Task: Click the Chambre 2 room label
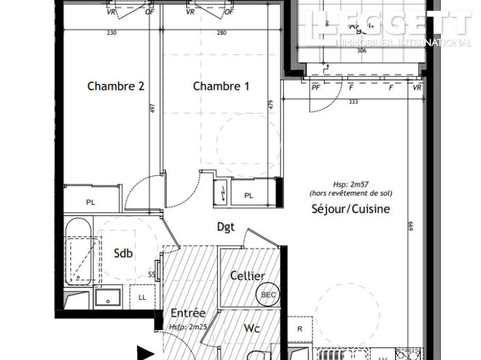pyautogui.click(x=115, y=87)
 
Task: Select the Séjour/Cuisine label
pyautogui.click(x=350, y=209)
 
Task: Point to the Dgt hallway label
pyautogui.click(x=226, y=227)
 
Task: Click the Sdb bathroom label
pyautogui.click(x=123, y=254)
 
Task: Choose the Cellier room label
pyautogui.click(x=248, y=275)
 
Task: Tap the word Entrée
pyautogui.click(x=188, y=313)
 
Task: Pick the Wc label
pyautogui.click(x=252, y=327)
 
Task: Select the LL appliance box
pyautogui.click(x=142, y=298)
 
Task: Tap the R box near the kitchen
pyautogui.click(x=300, y=328)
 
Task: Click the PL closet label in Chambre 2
pyautogui.click(x=90, y=202)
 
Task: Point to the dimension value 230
pyautogui.click(x=112, y=33)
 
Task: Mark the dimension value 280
pyautogui.click(x=221, y=33)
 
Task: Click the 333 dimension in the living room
pyautogui.click(x=353, y=102)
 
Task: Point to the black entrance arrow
pyautogui.click(x=144, y=353)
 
